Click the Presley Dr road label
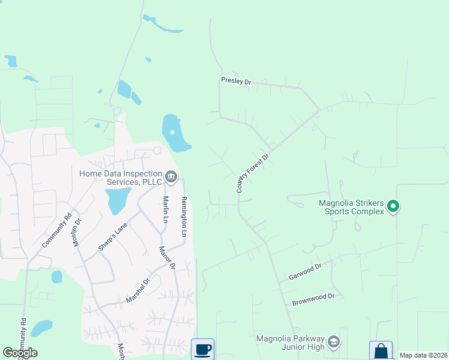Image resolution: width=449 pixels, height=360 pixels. (235, 80)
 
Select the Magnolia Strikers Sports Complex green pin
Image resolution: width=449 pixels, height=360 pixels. (393, 206)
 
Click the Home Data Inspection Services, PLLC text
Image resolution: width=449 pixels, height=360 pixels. (121, 178)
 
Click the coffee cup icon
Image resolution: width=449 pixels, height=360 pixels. (203, 349)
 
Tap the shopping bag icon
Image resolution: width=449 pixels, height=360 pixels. (381, 350)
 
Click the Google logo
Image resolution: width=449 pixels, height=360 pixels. (20, 353)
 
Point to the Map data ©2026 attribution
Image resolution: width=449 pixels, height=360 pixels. (423, 355)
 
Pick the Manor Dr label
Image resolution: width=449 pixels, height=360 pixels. (167, 257)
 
